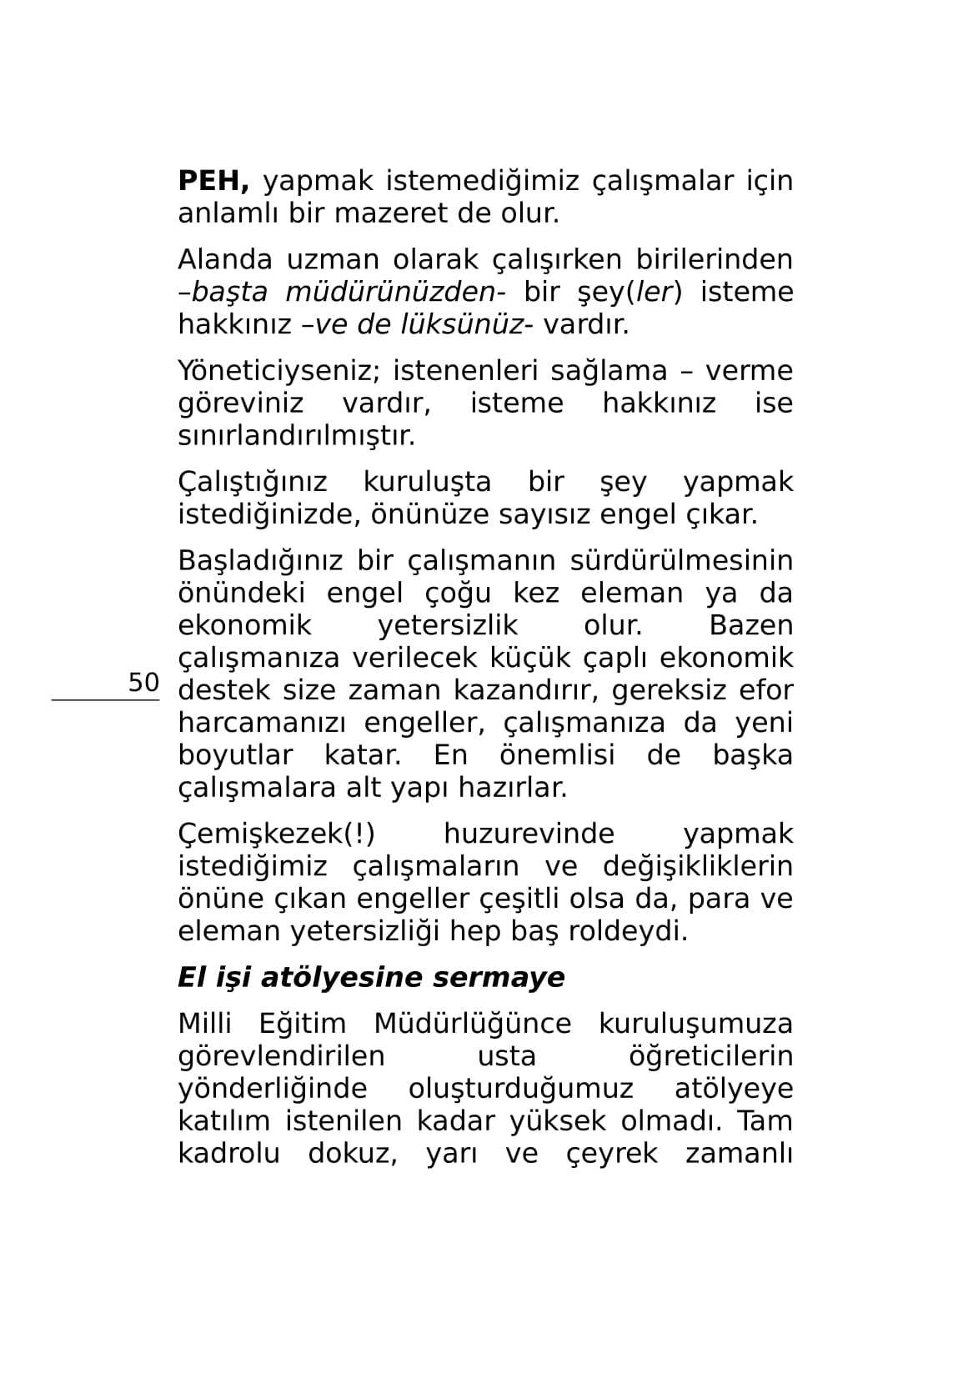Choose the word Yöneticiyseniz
pyautogui.click(x=278, y=372)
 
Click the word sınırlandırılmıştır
pyautogui.click(x=296, y=436)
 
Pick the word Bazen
pyautogui.click(x=750, y=626)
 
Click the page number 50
pyautogui.click(x=143, y=683)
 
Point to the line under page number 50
pyautogui.click(x=105, y=700)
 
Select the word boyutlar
pyautogui.click(x=235, y=756)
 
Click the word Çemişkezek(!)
pyautogui.click(x=276, y=834)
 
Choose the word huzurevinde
pyautogui.click(x=529, y=834)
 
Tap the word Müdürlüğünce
pyautogui.click(x=472, y=1025)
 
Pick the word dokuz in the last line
pyautogui.click(x=352, y=1155)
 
